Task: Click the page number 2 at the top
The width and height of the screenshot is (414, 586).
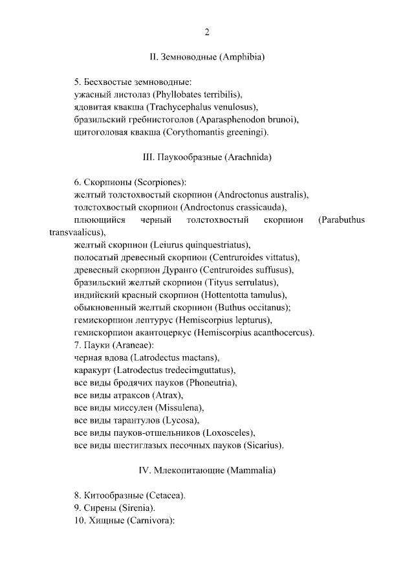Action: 207,32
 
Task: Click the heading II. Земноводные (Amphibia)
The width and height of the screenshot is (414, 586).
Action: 207,57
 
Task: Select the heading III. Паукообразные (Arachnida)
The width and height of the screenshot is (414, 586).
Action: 207,157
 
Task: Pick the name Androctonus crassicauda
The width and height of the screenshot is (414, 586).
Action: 233,208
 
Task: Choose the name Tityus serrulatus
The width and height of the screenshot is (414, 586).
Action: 240,283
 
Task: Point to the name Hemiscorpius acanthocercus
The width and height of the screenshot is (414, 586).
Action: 256,333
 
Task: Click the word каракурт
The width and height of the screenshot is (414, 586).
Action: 93,371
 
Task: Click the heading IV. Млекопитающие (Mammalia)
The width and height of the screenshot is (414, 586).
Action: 207,471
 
